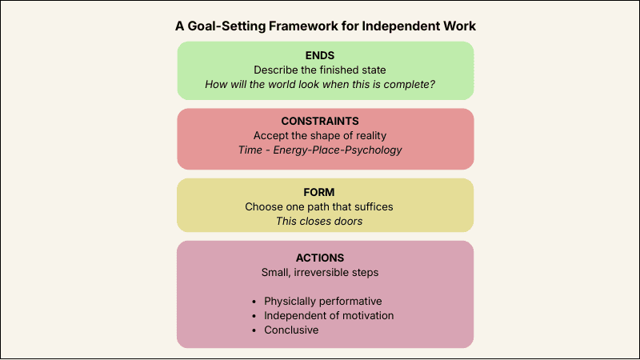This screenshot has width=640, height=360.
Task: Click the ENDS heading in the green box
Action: point(325,55)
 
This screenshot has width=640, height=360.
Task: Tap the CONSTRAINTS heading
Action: point(325,121)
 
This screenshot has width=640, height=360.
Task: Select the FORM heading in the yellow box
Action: point(325,192)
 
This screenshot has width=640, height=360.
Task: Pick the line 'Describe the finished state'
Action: point(325,70)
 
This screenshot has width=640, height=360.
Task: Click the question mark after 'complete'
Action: point(433,84)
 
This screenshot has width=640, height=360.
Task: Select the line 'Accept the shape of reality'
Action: point(325,135)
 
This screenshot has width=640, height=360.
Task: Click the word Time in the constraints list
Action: point(250,150)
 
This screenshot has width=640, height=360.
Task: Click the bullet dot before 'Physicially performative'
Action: point(255,302)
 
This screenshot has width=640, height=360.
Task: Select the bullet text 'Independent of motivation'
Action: point(329,316)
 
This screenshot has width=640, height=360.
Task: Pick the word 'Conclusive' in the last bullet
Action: point(291,330)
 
